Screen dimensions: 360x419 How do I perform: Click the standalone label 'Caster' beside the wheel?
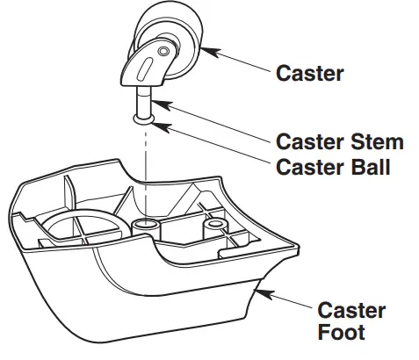(310, 73)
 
